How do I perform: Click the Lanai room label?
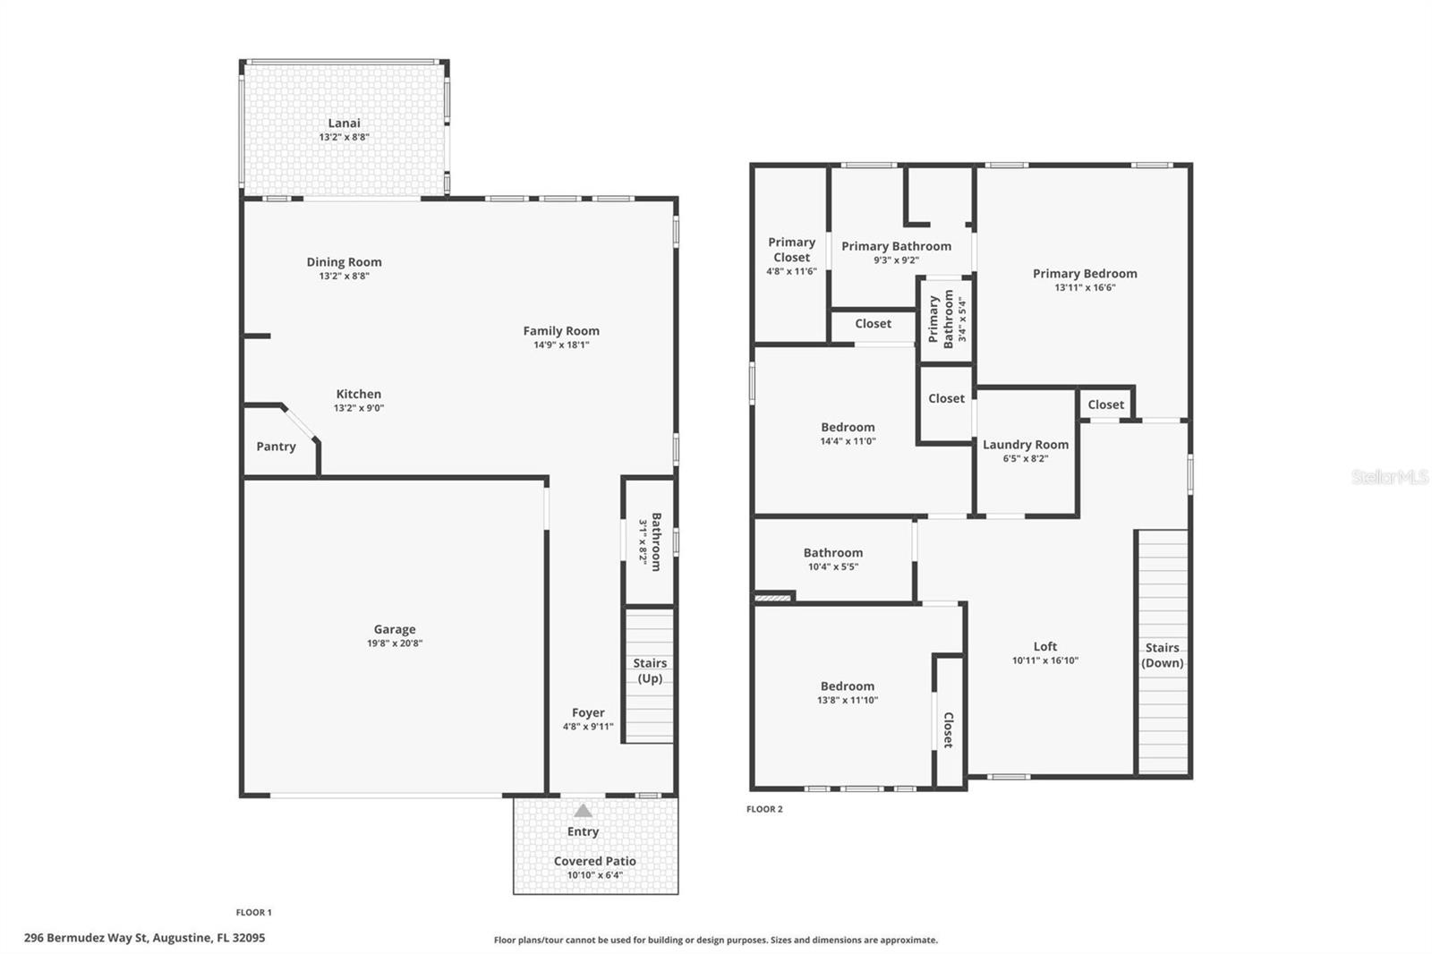[344, 124]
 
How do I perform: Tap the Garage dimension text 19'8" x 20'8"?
[394, 643]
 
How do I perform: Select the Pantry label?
[276, 447]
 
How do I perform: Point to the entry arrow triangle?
[583, 811]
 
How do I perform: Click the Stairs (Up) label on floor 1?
[650, 670]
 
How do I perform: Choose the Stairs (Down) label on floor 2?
[1162, 655]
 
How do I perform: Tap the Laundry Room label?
[1026, 445]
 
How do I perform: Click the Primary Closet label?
[791, 250]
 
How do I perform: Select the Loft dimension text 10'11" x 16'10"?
[1044, 660]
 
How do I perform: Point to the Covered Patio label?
[594, 861]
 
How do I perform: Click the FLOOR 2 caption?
[764, 809]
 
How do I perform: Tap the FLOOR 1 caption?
[253, 913]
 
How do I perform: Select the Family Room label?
[561, 331]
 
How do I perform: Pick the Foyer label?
[588, 713]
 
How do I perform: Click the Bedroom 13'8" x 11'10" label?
[847, 686]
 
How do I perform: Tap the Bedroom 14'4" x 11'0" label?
[848, 428]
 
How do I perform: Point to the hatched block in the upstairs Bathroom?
[774, 597]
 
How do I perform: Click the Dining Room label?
[344, 262]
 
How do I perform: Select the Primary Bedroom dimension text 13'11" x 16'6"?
[1085, 288]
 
